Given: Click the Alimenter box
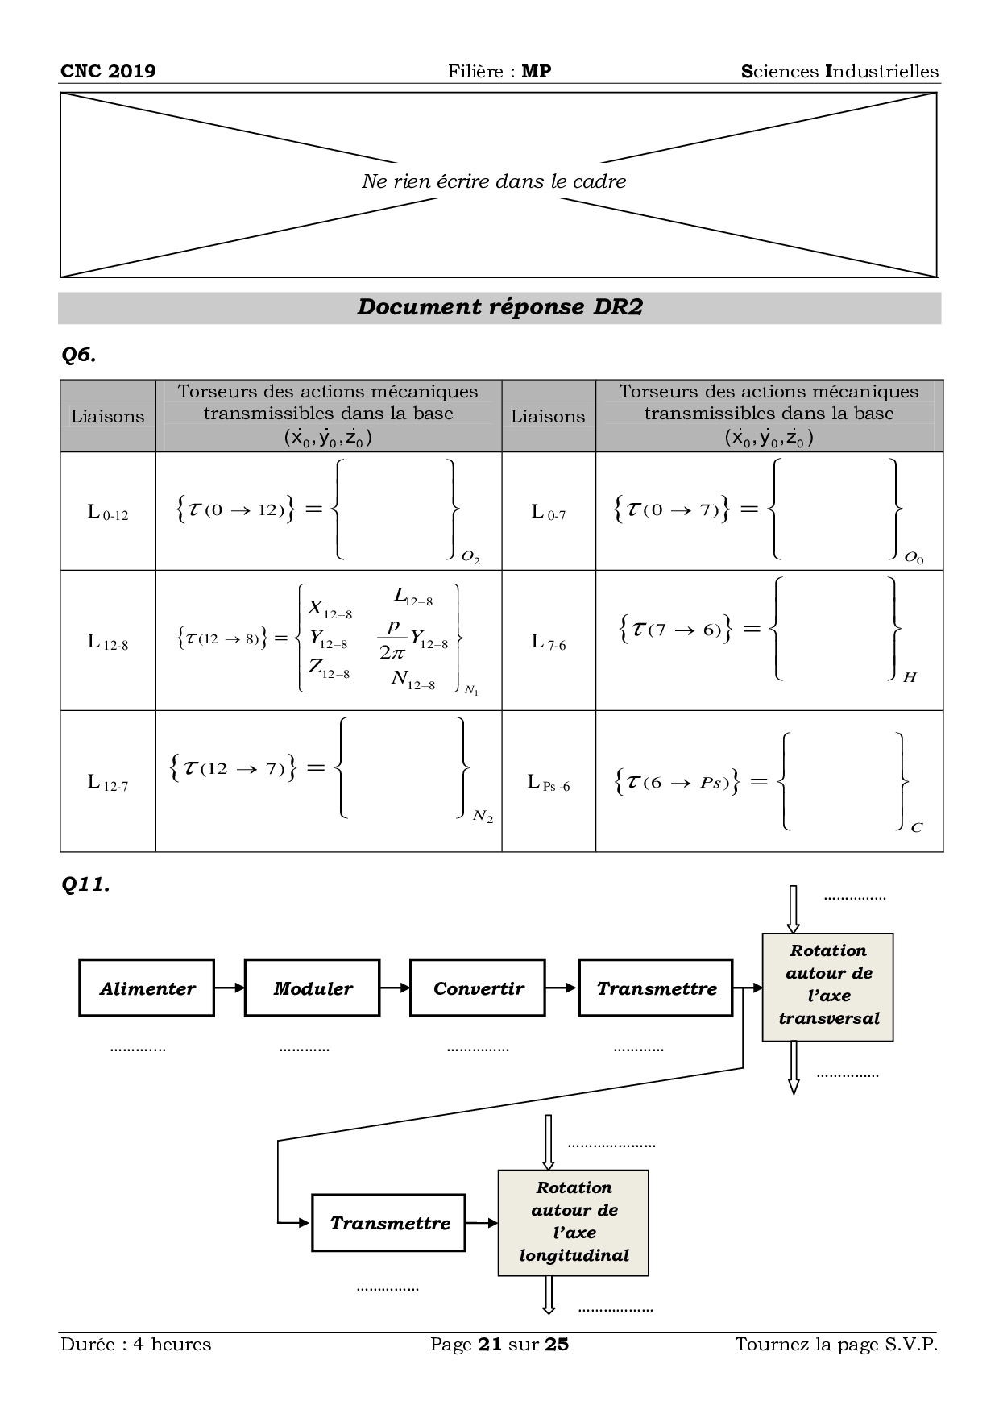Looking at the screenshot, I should coord(147,988).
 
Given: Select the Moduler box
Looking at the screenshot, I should coord(313,988).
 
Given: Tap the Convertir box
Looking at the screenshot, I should coord(479,988).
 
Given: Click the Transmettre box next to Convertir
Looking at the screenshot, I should coord(656,988).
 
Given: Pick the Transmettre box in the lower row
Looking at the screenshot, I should coord(389,1223).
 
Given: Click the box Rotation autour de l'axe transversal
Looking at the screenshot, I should coord(827,985).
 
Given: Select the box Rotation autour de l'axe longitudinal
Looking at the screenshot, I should coord(574,1221).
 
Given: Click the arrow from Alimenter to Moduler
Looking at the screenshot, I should coord(230,988).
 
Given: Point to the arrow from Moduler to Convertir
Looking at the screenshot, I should coord(396,988).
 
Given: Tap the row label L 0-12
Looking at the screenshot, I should coord(108,513).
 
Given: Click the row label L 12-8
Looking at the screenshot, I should coord(108,643).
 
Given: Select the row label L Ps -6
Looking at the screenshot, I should coord(549,783).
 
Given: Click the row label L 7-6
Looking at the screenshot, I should coord(549,643).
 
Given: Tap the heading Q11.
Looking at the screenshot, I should coord(85,884).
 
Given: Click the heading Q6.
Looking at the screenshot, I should coord(79,355).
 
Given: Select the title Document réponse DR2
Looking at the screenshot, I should coord(499,307).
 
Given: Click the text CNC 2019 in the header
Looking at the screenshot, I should coord(108,71).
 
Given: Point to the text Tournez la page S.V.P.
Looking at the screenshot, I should coord(836,1345).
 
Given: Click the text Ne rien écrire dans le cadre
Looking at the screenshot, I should coord(493,181).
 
